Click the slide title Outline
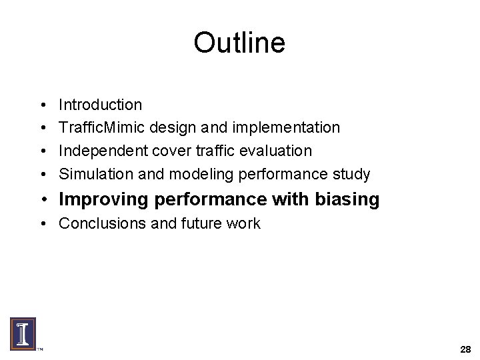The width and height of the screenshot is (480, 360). coord(239,43)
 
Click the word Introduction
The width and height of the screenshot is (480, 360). coord(100,105)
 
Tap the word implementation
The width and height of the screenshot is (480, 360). coord(291,127)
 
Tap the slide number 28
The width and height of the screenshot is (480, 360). coord(465,349)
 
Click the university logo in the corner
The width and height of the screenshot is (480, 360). coord(23,333)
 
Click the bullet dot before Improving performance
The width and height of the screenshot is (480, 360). coord(43,200)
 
